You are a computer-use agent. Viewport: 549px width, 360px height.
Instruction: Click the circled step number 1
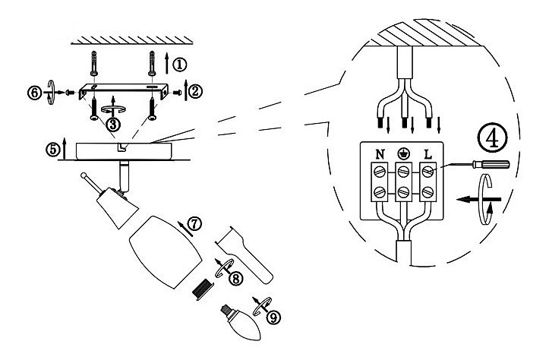click(x=180, y=65)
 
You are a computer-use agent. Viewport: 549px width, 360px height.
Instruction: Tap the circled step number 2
click(x=195, y=91)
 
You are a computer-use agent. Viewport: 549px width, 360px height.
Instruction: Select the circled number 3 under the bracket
click(x=112, y=124)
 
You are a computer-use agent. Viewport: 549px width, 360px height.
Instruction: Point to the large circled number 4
click(x=493, y=137)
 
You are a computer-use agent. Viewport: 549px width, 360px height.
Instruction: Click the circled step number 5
click(x=52, y=150)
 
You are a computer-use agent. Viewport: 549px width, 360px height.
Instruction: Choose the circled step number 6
click(x=34, y=93)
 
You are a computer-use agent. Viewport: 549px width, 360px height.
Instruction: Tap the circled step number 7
click(x=195, y=223)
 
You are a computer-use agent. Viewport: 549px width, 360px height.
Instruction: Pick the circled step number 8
click(x=235, y=279)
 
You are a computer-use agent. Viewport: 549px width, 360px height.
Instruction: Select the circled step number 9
click(x=273, y=317)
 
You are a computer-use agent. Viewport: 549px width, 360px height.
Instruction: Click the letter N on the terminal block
click(x=380, y=154)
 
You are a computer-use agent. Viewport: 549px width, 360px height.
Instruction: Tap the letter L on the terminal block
click(x=428, y=154)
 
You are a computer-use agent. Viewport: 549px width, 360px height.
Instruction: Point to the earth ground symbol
click(x=404, y=153)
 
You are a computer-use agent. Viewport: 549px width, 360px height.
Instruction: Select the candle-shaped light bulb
click(x=242, y=323)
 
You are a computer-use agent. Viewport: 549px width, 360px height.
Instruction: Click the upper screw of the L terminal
click(x=428, y=172)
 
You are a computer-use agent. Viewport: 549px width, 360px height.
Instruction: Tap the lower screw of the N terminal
click(x=380, y=192)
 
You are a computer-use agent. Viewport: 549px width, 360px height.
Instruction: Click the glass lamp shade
click(x=166, y=252)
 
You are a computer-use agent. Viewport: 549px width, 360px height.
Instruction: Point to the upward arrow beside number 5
click(x=64, y=148)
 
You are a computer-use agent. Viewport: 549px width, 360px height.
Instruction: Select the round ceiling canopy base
click(x=124, y=151)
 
